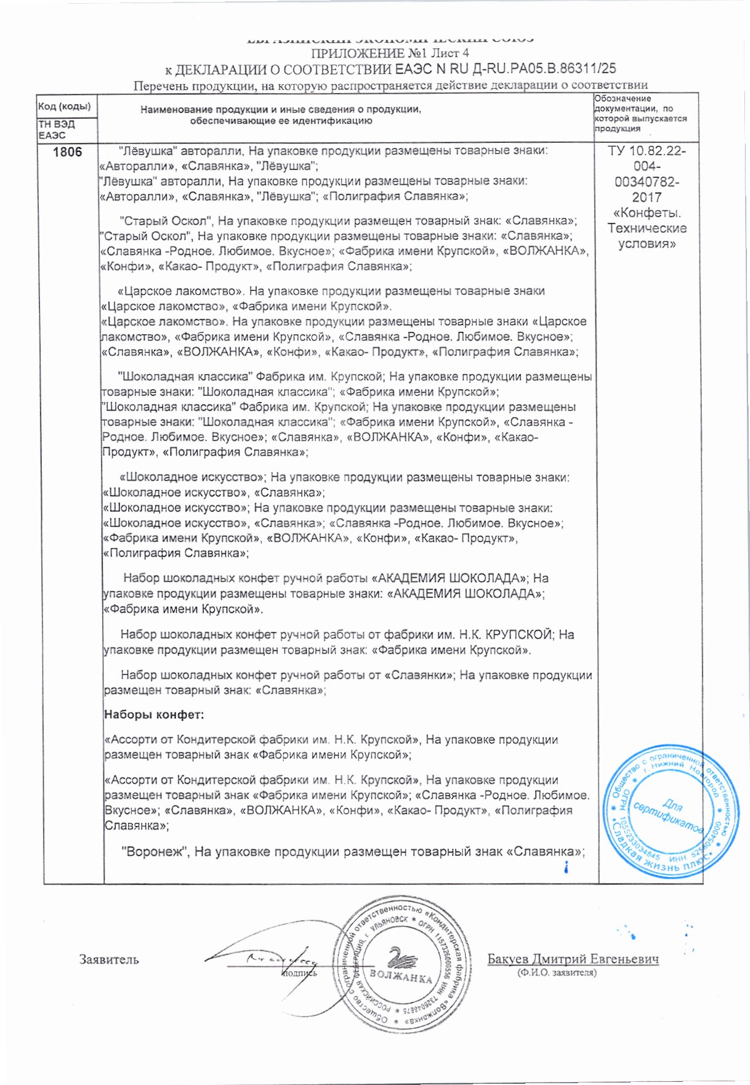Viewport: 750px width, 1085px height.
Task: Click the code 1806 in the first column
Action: coord(67,151)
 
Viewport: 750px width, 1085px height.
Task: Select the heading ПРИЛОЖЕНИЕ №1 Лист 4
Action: coord(391,53)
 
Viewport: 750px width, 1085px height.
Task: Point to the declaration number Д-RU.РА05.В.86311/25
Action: coord(526,69)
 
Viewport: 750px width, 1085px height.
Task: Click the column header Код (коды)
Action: coord(65,106)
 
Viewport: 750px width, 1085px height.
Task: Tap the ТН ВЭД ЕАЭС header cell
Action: coord(57,129)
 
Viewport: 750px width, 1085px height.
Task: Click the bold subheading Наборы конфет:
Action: coord(154,715)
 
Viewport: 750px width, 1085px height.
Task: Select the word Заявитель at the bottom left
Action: coord(109,959)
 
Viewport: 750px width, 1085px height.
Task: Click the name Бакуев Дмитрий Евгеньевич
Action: coord(573,959)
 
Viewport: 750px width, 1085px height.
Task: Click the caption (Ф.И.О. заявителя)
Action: coord(557,973)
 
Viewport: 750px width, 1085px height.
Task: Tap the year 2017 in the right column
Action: coord(647,198)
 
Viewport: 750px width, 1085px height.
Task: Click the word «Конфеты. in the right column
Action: coord(647,213)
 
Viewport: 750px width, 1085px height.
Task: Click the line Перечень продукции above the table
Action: coord(390,85)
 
